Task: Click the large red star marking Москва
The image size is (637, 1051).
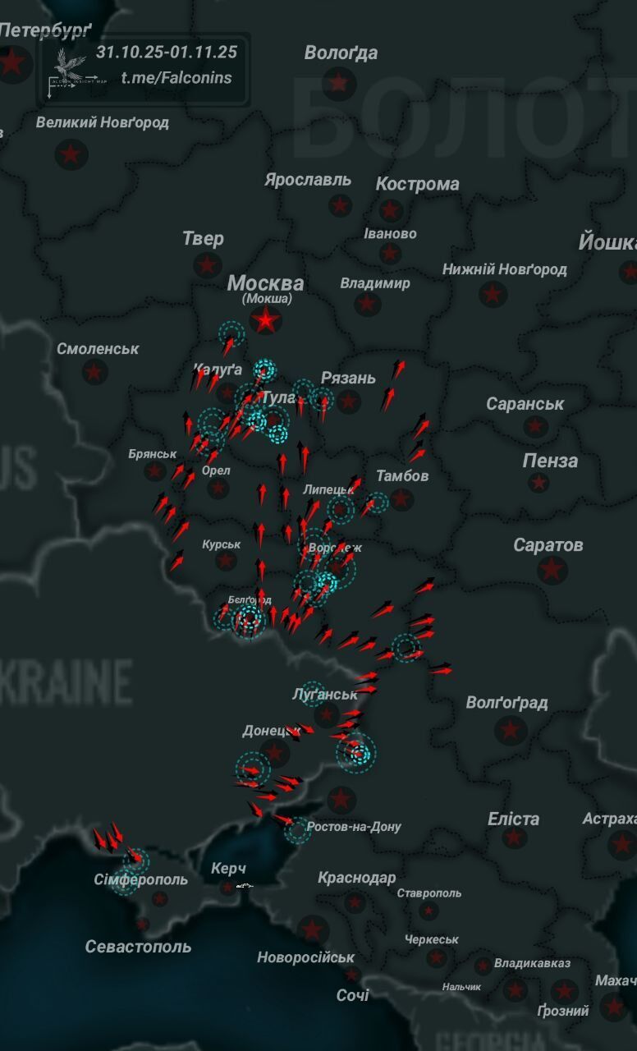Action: [x=265, y=319]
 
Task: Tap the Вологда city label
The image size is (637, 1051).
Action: [x=341, y=53]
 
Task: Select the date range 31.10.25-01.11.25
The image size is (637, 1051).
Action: [x=167, y=52]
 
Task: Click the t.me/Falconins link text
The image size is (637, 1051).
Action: [x=176, y=78]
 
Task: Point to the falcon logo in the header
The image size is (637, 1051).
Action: [x=69, y=66]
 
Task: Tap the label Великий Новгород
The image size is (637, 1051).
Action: [x=103, y=123]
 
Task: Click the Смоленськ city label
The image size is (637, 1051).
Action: [x=98, y=349]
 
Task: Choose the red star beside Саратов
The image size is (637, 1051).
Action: [x=552, y=568]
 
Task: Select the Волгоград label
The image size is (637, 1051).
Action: [x=506, y=703]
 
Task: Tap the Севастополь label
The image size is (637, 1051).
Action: [x=138, y=947]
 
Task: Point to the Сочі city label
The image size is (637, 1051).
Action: [x=353, y=995]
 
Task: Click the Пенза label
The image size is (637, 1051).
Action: [x=550, y=461]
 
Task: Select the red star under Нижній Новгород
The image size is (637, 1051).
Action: [x=493, y=293]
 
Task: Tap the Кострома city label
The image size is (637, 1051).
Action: [x=417, y=184]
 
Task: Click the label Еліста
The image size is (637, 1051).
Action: [x=513, y=819]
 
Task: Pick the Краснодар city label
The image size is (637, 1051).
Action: [x=356, y=878]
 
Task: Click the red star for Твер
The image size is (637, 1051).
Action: [x=208, y=264]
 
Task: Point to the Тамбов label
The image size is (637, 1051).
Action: [x=402, y=475]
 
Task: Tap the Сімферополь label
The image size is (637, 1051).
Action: [x=140, y=879]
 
